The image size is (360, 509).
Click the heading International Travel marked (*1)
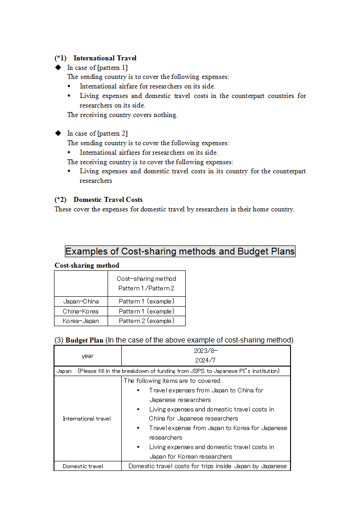click(105, 58)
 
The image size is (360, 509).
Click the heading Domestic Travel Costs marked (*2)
click(108, 200)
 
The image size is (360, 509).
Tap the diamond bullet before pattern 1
click(58, 68)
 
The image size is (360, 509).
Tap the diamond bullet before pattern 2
click(58, 133)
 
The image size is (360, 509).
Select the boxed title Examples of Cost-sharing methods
click(180, 251)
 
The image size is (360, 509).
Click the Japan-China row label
click(81, 301)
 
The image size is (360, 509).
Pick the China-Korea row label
click(81, 311)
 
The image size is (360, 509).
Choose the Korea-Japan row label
click(81, 321)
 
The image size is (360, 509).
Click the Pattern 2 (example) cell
click(146, 321)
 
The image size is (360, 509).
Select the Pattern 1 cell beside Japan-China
click(146, 301)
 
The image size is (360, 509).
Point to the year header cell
click(88, 356)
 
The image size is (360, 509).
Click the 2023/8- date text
click(206, 351)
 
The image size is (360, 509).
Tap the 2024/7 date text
click(206, 361)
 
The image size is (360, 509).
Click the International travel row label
click(87, 419)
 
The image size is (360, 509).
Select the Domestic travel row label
click(83, 466)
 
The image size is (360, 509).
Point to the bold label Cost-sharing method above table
click(87, 265)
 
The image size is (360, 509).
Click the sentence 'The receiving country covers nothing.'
click(123, 115)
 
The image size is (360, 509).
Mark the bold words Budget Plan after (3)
click(84, 340)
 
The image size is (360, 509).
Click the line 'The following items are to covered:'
click(173, 381)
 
